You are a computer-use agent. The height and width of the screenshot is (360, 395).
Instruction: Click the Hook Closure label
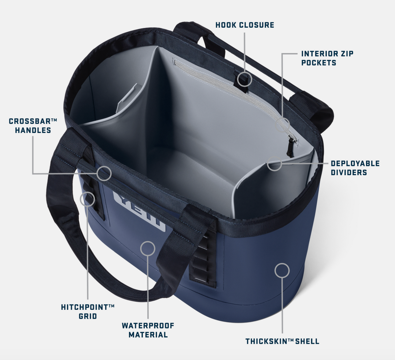pos(245,25)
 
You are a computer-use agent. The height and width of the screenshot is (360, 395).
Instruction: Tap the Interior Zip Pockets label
pos(327,58)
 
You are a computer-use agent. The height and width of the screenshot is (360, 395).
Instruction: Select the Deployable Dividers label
pos(355,168)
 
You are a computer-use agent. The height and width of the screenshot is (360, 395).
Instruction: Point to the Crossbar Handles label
pos(33,126)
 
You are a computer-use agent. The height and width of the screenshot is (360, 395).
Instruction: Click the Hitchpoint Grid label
pos(88,312)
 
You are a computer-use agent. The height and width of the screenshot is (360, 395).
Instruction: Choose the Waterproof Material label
pos(148,330)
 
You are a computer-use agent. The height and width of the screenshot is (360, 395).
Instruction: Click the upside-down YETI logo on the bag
pos(140,211)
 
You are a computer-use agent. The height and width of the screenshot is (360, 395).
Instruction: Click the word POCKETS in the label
pos(319,63)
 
